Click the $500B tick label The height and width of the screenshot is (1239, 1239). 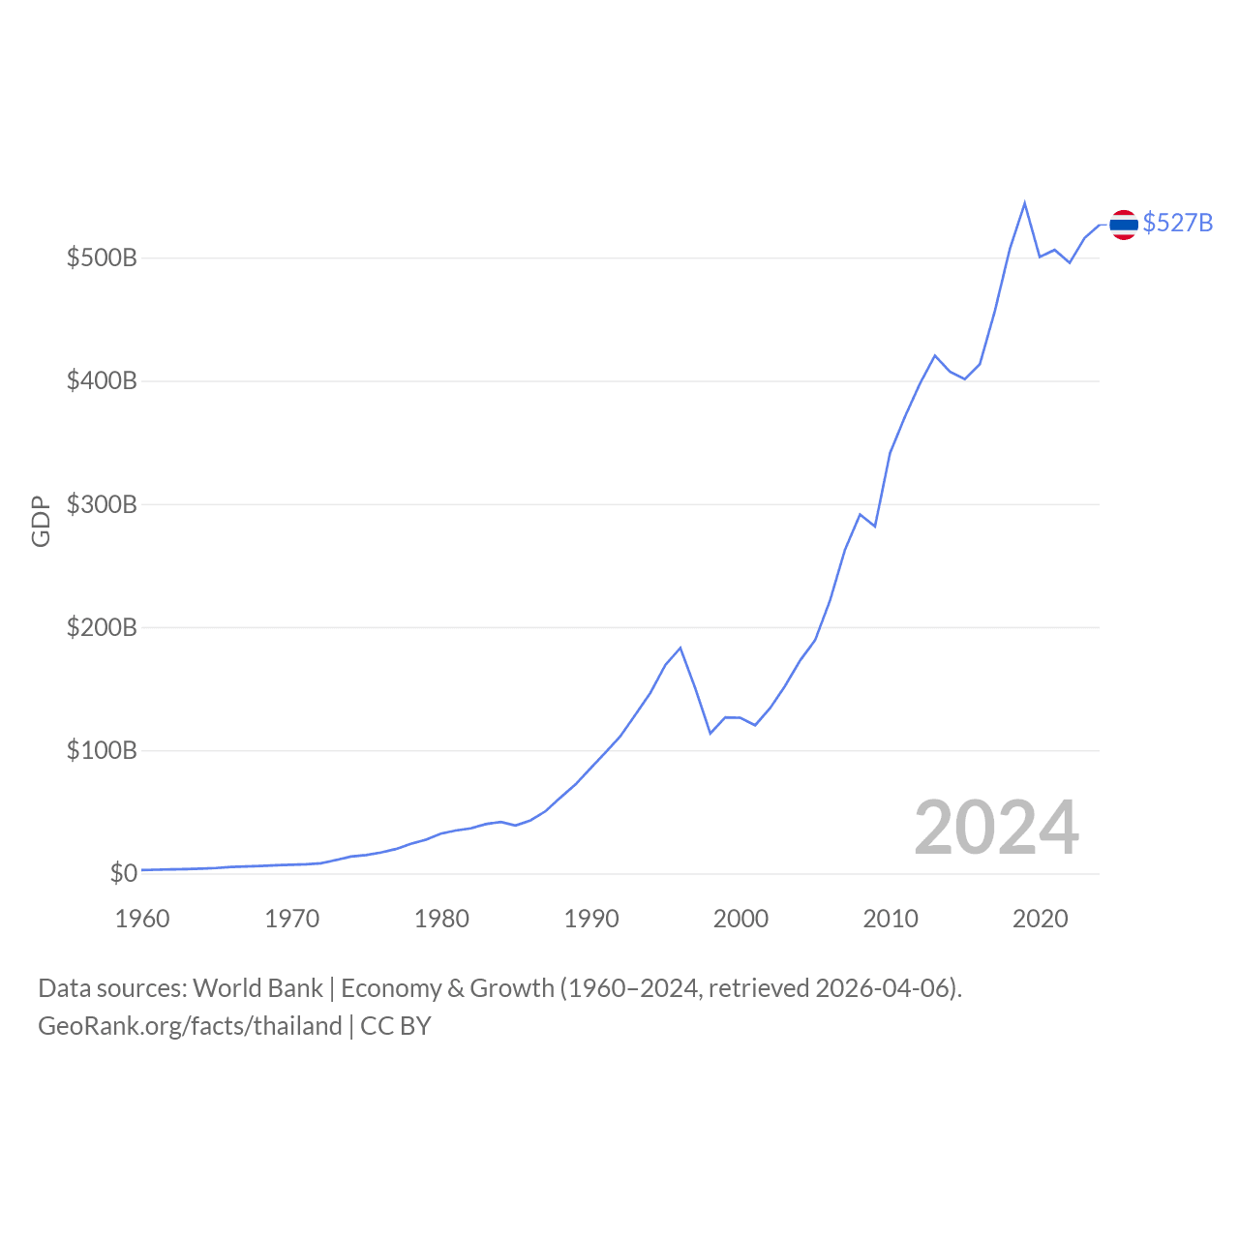tap(102, 258)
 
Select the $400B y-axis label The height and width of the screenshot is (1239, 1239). tap(102, 381)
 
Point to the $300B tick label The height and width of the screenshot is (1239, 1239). tap(102, 504)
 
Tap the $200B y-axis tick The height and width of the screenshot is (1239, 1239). tap(102, 627)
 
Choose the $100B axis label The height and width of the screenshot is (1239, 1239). tap(102, 750)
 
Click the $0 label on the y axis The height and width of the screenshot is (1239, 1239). tap(123, 873)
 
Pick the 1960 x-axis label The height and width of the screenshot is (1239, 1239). tap(142, 919)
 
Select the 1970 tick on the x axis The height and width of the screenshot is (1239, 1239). tap(291, 919)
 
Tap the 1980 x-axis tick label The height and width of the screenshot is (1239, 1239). tap(441, 919)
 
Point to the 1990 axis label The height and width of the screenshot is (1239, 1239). tap(591, 919)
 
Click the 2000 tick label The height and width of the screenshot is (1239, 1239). tap(740, 919)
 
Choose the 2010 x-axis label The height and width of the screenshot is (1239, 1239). tap(891, 919)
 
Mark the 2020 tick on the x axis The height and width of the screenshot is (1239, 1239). tap(1040, 919)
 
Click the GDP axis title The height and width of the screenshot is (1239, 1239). tap(41, 522)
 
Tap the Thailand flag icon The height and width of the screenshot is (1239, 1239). tap(1124, 225)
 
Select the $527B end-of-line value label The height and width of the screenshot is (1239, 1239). tap(1177, 223)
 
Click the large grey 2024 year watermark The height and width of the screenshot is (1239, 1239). tap(996, 828)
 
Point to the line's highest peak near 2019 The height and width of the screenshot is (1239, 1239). tap(1024, 203)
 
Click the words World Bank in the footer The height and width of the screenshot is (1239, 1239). tap(257, 988)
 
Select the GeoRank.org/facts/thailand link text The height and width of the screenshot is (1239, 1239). tap(190, 1026)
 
